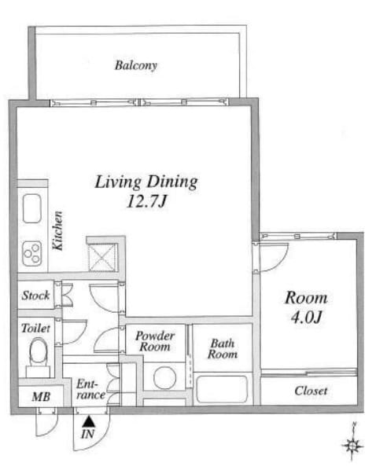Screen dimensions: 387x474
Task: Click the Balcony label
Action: click(136, 65)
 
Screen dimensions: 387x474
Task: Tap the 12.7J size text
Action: click(147, 201)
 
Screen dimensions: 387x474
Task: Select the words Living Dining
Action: click(146, 182)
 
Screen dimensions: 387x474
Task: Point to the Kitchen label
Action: click(57, 230)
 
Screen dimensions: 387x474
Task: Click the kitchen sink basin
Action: click(32, 208)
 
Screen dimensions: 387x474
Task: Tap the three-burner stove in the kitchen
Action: click(32, 253)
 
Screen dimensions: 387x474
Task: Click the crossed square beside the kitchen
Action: click(102, 257)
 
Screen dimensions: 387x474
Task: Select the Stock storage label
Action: click(35, 296)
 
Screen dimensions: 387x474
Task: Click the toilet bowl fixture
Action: click(38, 353)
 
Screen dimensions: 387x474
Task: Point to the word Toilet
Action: click(35, 328)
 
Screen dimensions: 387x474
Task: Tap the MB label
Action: click(41, 397)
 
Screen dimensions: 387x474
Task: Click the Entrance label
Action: click(90, 389)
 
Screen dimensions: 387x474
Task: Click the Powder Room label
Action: click(155, 341)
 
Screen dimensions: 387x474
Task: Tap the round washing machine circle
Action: click(165, 378)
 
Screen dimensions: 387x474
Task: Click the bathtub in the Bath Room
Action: click(222, 389)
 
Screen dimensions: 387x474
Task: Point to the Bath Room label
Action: click(223, 348)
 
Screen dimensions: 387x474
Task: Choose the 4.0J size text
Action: click(306, 317)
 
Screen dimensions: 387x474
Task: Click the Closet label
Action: click(311, 391)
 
